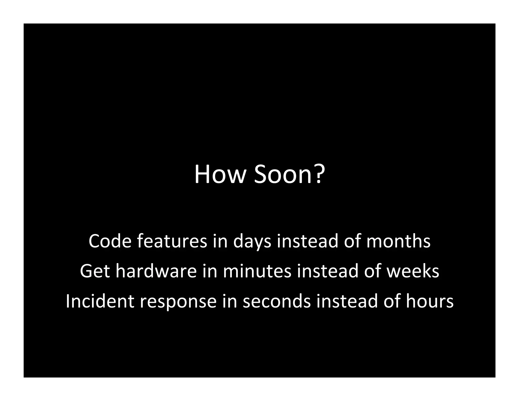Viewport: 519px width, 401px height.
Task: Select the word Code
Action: tap(110, 241)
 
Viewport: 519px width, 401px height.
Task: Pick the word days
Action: tap(252, 242)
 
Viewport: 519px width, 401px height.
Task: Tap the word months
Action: tap(398, 241)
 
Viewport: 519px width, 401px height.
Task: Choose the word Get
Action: tap(95, 271)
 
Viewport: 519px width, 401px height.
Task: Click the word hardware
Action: tap(156, 271)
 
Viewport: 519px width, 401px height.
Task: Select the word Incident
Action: tap(100, 301)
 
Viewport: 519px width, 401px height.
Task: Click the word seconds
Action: tap(277, 301)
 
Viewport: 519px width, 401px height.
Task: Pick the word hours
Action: tap(430, 301)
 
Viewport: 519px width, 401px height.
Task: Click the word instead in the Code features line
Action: tap(307, 241)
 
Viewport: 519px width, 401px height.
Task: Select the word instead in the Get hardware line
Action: tap(328, 271)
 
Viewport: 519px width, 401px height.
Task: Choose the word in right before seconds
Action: tap(230, 301)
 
